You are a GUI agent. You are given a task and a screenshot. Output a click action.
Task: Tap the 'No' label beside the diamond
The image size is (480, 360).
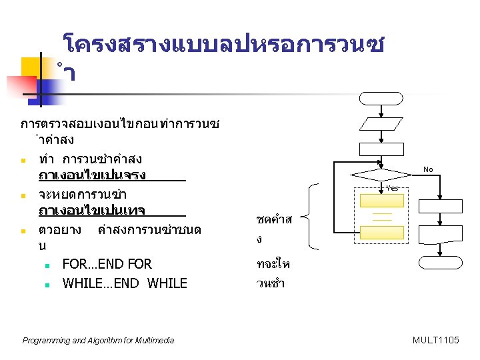428,169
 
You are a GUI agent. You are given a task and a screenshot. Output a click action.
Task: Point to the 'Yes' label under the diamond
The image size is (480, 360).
392,188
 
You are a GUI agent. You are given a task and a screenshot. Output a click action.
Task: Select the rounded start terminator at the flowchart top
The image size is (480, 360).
381,99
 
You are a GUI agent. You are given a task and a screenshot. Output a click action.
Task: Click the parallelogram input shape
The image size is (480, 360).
381,124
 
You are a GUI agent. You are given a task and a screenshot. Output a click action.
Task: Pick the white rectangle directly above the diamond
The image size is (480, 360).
381,149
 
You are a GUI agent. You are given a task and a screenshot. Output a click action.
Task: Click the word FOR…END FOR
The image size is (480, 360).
107,264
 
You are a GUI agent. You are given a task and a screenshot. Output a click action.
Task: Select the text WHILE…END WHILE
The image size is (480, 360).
125,283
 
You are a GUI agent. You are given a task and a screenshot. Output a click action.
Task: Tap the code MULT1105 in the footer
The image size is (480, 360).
436,341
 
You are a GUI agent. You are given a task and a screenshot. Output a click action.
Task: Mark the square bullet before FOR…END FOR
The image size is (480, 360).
49,265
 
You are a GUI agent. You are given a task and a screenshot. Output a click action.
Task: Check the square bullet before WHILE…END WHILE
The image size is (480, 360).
49,283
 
